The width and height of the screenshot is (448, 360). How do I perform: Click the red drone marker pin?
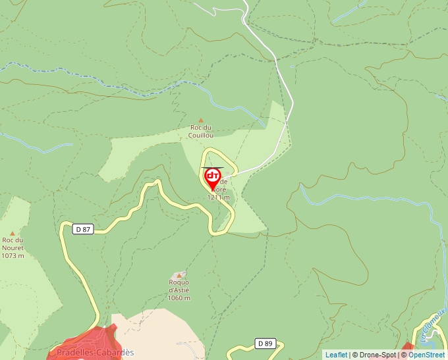pyautogui.click(x=213, y=178)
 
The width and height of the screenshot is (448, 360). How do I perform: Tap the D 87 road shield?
pyautogui.click(x=82, y=229)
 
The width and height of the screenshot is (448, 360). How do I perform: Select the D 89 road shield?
pyautogui.click(x=265, y=344)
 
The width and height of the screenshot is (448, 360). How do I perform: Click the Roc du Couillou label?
pyautogui.click(x=202, y=131)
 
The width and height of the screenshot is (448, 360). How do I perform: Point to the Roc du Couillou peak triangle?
pyautogui.click(x=201, y=120)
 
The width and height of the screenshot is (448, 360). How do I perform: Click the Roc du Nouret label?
pyautogui.click(x=13, y=244)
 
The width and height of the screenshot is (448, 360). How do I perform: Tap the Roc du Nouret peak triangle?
pyautogui.click(x=12, y=232)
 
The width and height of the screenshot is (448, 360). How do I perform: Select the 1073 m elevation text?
pyautogui.click(x=13, y=256)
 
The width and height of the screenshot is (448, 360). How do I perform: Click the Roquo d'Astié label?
pyautogui.click(x=179, y=286)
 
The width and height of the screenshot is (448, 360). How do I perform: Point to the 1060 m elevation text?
pyautogui.click(x=179, y=298)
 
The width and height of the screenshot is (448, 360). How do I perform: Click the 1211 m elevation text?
pyautogui.click(x=219, y=197)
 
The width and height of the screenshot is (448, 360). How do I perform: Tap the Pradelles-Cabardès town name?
pyautogui.click(x=95, y=353)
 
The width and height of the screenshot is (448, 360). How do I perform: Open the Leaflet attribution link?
pyautogui.click(x=336, y=355)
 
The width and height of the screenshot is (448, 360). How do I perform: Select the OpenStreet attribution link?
pyautogui.click(x=428, y=355)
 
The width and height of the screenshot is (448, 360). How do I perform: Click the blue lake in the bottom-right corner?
pyautogui.click(x=432, y=342)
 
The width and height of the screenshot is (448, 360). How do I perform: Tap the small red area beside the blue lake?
pyautogui.click(x=408, y=346)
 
